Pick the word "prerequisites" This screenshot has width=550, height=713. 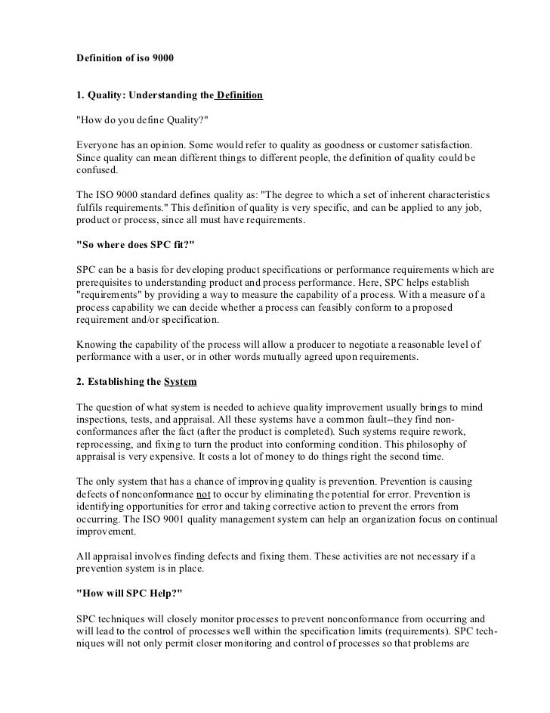(108, 281)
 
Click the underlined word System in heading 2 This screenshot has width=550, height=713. (184, 383)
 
